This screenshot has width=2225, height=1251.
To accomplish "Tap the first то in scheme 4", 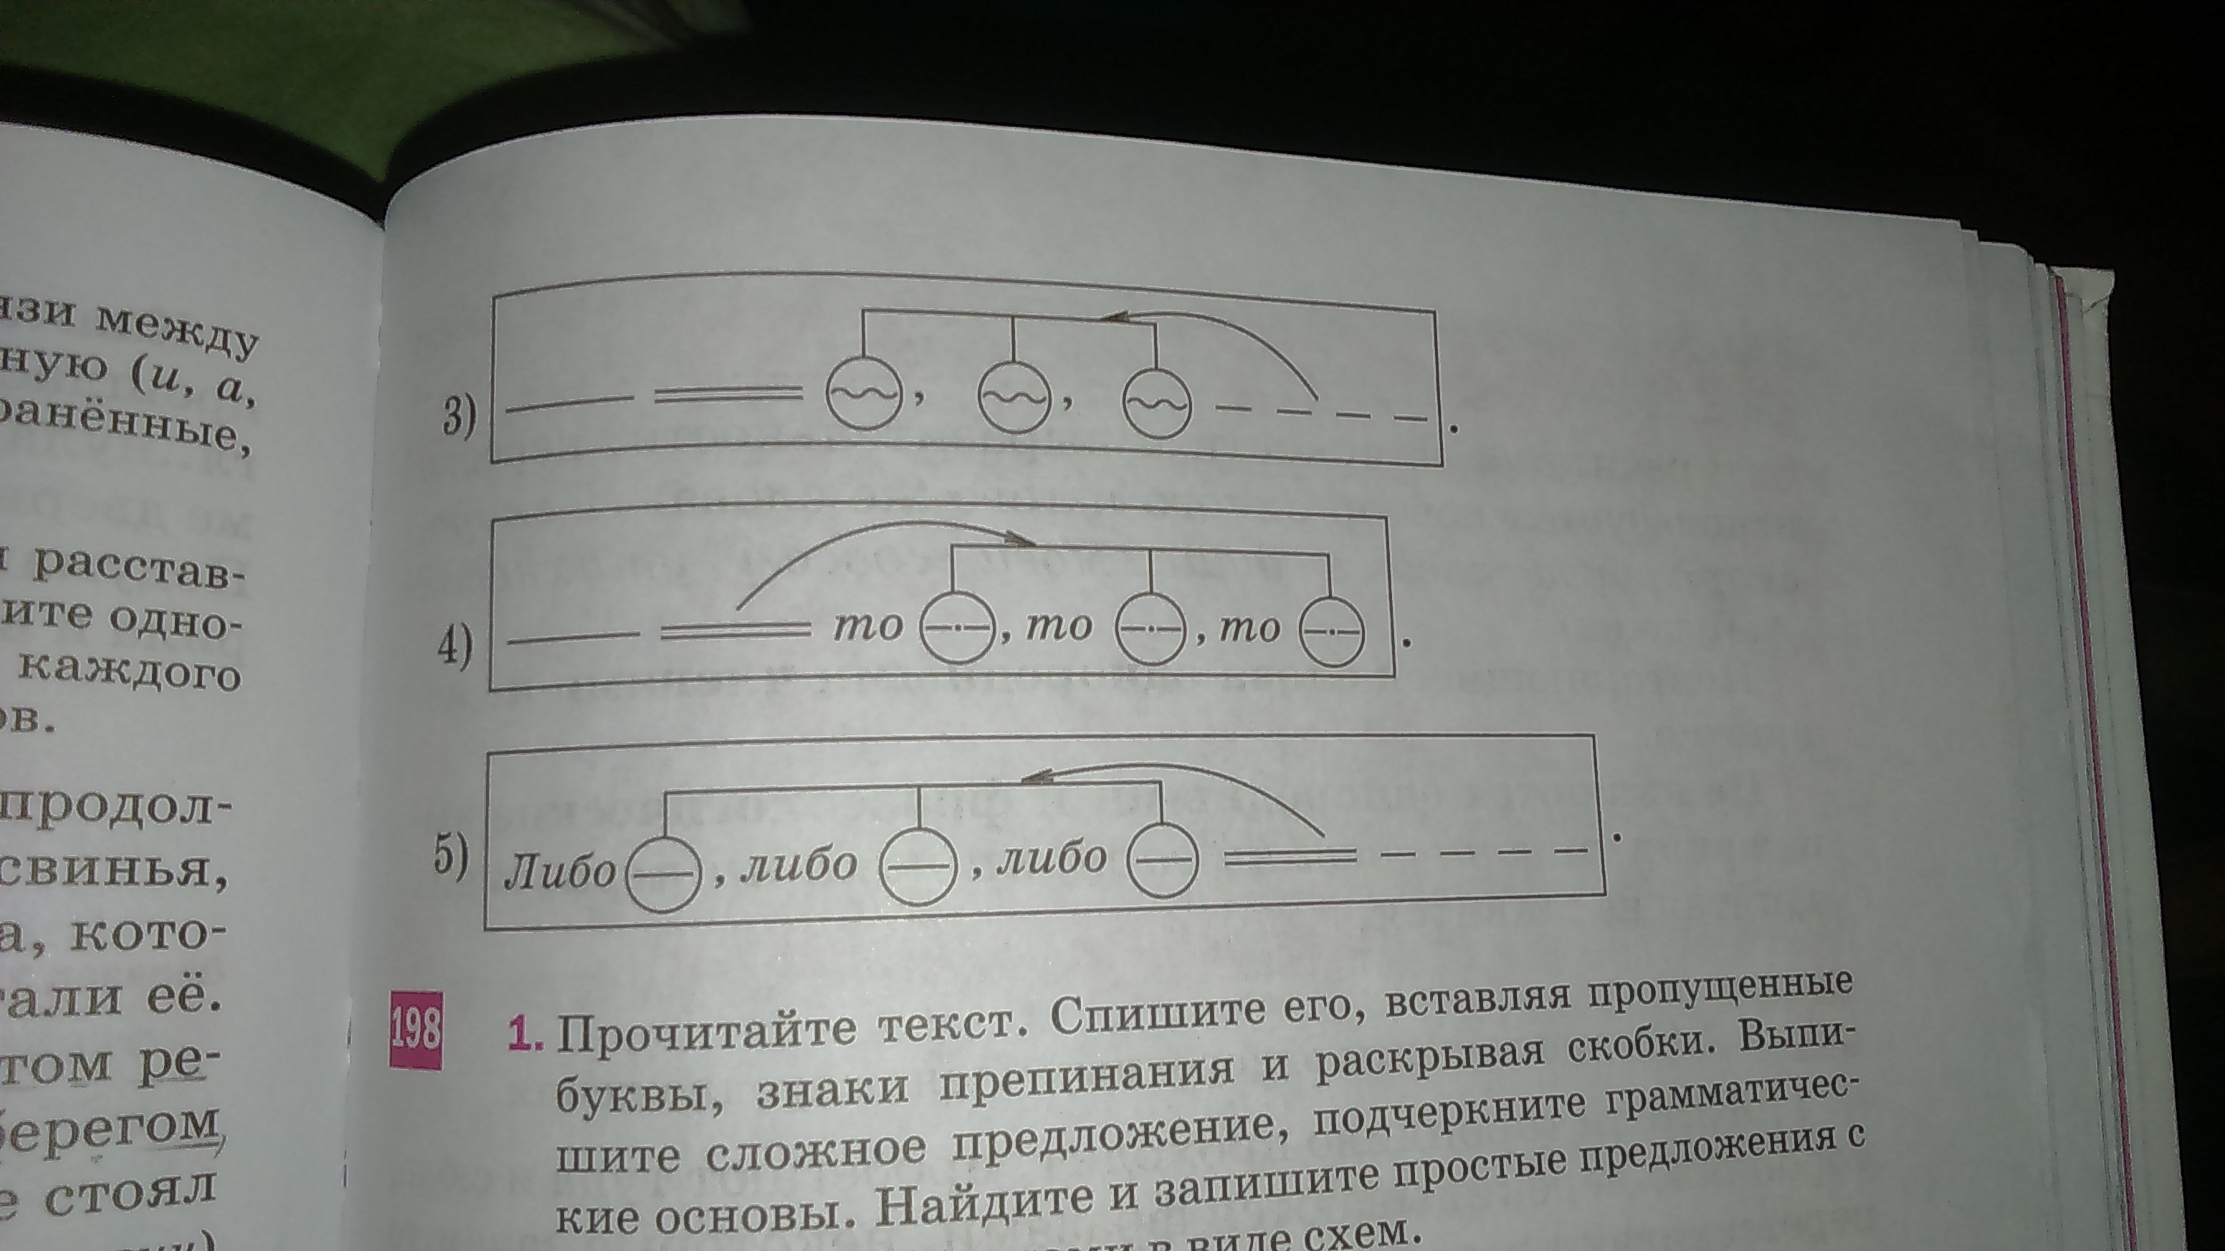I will [867, 626].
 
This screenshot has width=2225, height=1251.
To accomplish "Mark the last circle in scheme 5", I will [1164, 859].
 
